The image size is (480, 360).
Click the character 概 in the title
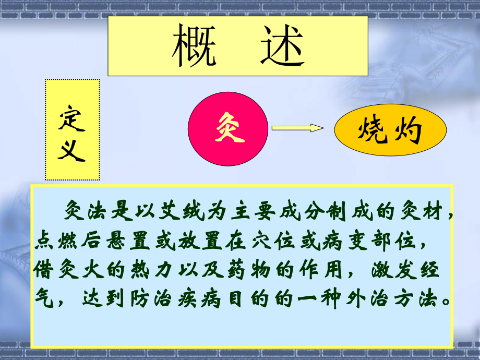pos(194,46)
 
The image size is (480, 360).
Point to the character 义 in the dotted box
pos(72,151)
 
